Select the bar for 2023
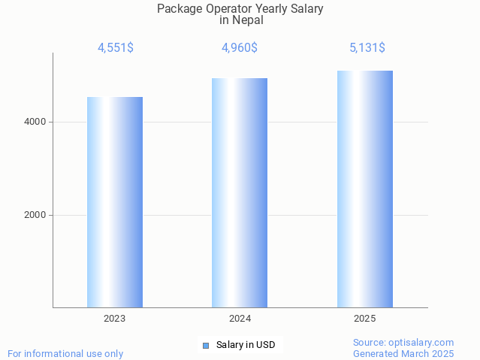tap(115, 202)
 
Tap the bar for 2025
tap(364, 189)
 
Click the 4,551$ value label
tap(115, 47)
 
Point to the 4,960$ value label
tap(240, 47)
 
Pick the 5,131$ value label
tap(367, 47)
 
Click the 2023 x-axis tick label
tap(115, 319)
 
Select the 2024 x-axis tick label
tap(240, 319)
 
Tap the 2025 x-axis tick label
tap(364, 319)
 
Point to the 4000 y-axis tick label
tap(35, 122)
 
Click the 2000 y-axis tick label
tap(35, 215)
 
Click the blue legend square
tap(206, 346)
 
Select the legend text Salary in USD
tap(246, 346)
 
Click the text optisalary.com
tap(424, 342)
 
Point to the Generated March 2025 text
tap(403, 353)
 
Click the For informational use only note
tap(65, 353)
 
